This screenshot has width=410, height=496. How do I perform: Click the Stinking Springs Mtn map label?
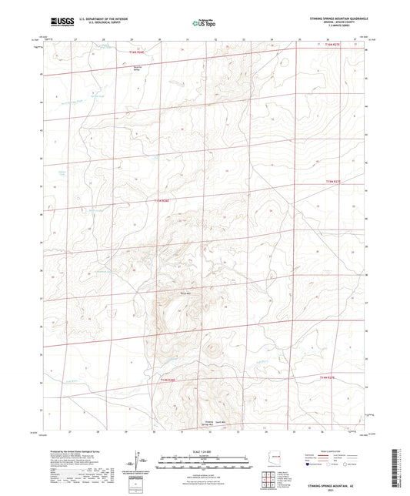tap(208, 424)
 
